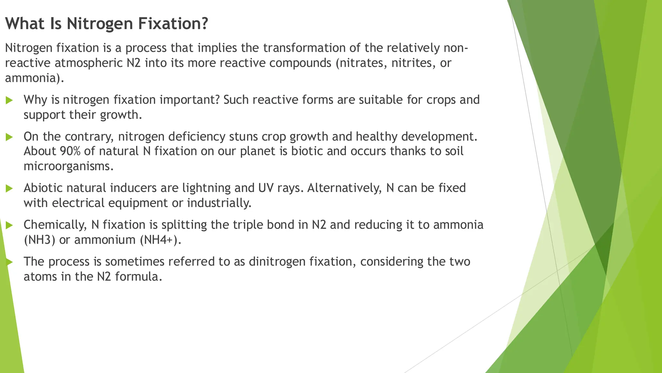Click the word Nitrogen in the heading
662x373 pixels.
coord(100,24)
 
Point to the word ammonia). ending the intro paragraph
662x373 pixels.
coord(34,78)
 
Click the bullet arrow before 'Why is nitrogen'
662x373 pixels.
coord(9,100)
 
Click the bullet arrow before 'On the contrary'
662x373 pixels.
coord(9,137)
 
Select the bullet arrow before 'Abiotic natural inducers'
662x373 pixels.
coord(9,188)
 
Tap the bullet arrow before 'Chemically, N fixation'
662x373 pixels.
coord(9,225)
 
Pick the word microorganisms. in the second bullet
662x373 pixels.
coord(69,166)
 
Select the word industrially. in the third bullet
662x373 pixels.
coord(219,203)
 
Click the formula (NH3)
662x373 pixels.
coord(39,240)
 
